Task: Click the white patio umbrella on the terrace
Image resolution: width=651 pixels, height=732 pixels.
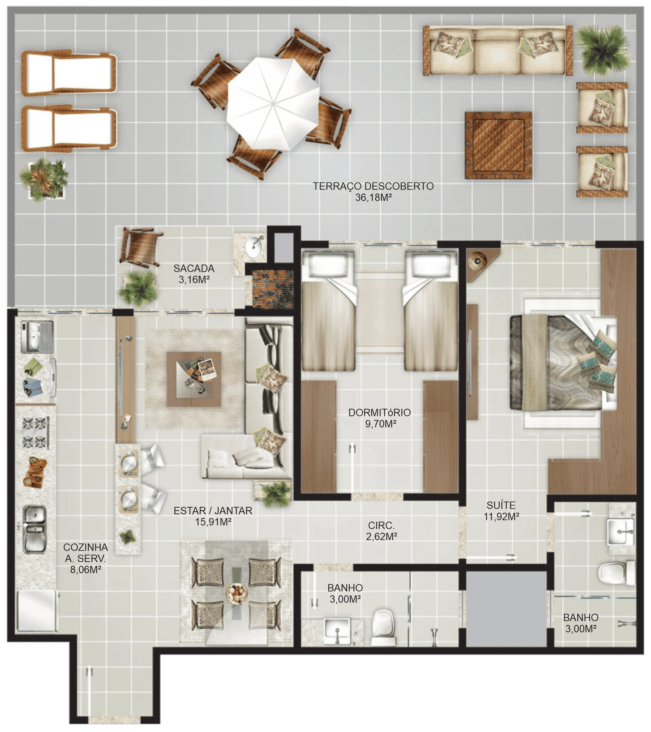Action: pyautogui.click(x=273, y=104)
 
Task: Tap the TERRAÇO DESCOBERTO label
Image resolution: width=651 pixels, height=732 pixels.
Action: pyautogui.click(x=373, y=186)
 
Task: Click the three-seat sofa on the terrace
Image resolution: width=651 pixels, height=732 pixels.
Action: pyautogui.click(x=498, y=50)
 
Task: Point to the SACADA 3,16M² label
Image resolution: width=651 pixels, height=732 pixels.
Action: pyautogui.click(x=194, y=274)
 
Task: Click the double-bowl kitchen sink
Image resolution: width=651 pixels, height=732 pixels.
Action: pyautogui.click(x=35, y=529)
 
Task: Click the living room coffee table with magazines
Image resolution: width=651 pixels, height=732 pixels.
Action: pyautogui.click(x=194, y=379)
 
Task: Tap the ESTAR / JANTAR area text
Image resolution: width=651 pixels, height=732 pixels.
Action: pyautogui.click(x=213, y=511)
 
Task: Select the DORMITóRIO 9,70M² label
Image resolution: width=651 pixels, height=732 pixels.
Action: pyautogui.click(x=380, y=418)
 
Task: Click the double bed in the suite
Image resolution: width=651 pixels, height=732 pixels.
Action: pyautogui.click(x=563, y=363)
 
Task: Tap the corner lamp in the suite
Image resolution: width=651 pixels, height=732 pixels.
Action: pyautogui.click(x=477, y=261)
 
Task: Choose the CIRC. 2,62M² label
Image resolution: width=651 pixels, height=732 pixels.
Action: pyautogui.click(x=382, y=531)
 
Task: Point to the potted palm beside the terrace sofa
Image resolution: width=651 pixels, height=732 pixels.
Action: pyautogui.click(x=603, y=50)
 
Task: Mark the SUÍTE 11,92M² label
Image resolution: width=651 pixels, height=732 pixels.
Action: pyautogui.click(x=501, y=511)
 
